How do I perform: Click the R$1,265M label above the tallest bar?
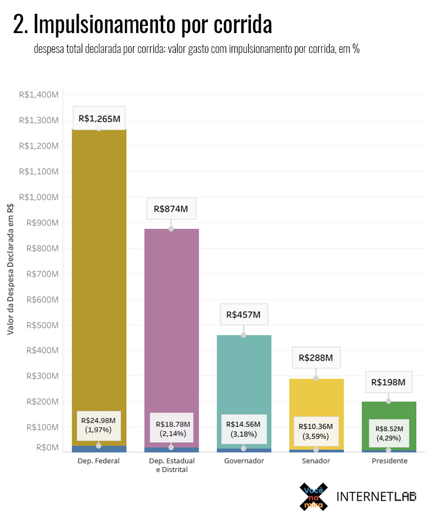coord(99,118)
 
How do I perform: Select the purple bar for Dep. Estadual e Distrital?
coord(171,320)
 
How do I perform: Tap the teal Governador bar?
coord(243,375)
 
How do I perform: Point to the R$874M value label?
coord(171,209)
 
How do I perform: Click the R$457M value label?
coord(243,315)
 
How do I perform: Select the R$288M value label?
coord(316,358)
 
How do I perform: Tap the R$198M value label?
coord(389,382)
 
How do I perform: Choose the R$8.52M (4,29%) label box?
coord(389,433)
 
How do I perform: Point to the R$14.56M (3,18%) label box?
coord(244,428)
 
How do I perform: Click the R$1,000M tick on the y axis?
coord(39,197)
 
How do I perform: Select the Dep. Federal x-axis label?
coord(99,461)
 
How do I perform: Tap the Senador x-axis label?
coord(316,461)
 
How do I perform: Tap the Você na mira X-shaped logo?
coord(313,497)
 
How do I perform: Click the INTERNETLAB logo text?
coord(376,496)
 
